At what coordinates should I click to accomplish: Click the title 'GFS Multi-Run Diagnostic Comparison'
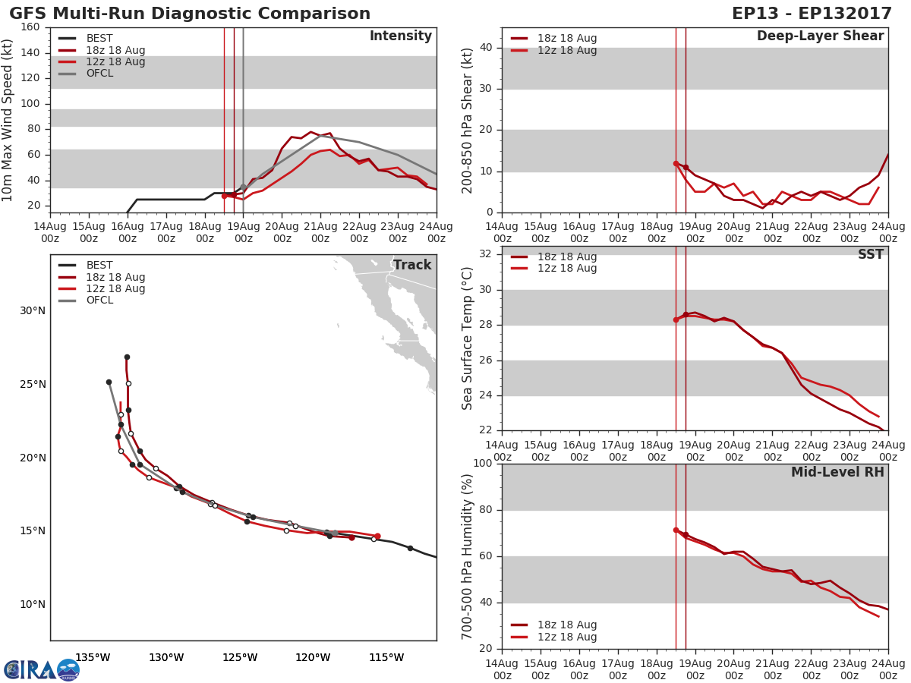pos(190,14)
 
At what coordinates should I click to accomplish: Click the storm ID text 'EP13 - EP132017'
pos(817,14)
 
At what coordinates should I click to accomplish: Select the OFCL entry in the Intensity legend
pos(99,74)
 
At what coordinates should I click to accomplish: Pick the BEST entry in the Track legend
pos(99,266)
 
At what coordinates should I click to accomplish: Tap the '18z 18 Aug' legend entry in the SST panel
pos(567,257)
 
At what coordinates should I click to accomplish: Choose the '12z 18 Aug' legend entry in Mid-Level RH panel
pos(567,637)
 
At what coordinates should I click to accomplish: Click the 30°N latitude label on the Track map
pos(33,310)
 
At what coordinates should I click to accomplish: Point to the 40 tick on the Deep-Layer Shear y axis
pos(486,48)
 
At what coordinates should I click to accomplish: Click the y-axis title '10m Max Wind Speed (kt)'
pos(8,120)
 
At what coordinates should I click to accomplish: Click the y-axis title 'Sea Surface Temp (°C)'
pos(468,338)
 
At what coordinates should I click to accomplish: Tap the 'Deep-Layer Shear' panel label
pos(820,36)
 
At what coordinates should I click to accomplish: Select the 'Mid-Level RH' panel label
pos(837,472)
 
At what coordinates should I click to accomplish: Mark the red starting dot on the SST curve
pos(676,319)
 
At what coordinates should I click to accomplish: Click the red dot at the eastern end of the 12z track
pos(377,536)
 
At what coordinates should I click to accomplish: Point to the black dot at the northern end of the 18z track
pos(127,357)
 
